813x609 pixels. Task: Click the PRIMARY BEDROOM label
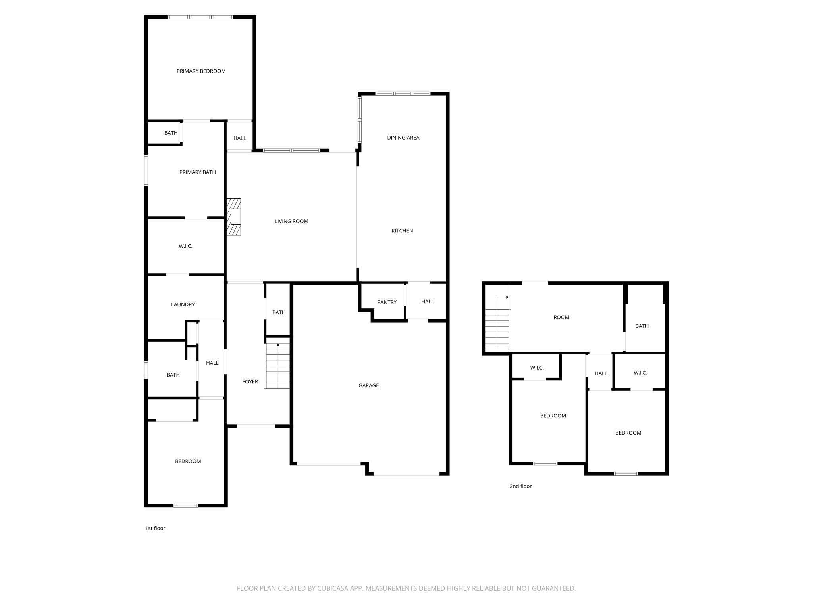(x=201, y=71)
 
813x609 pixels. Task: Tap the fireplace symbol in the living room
(x=234, y=217)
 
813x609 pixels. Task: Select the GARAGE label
(x=368, y=385)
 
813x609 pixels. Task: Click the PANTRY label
(x=387, y=302)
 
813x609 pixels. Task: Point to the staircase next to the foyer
(x=278, y=366)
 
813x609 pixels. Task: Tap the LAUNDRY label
(x=183, y=304)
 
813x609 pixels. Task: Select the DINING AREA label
(x=403, y=138)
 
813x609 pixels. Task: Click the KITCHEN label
(x=402, y=231)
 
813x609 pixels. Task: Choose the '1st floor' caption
(x=155, y=528)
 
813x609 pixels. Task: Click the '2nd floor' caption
(x=520, y=486)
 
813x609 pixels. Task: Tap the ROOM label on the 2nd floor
(x=561, y=317)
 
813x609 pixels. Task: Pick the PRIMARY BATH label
(x=197, y=172)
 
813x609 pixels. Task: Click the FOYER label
(x=250, y=382)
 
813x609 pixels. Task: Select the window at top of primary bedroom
(x=200, y=17)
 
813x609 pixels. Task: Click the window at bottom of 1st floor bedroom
(x=186, y=506)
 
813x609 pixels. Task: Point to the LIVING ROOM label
(x=291, y=221)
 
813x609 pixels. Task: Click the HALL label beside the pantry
(x=427, y=302)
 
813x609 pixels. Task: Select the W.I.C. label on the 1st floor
(x=185, y=246)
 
